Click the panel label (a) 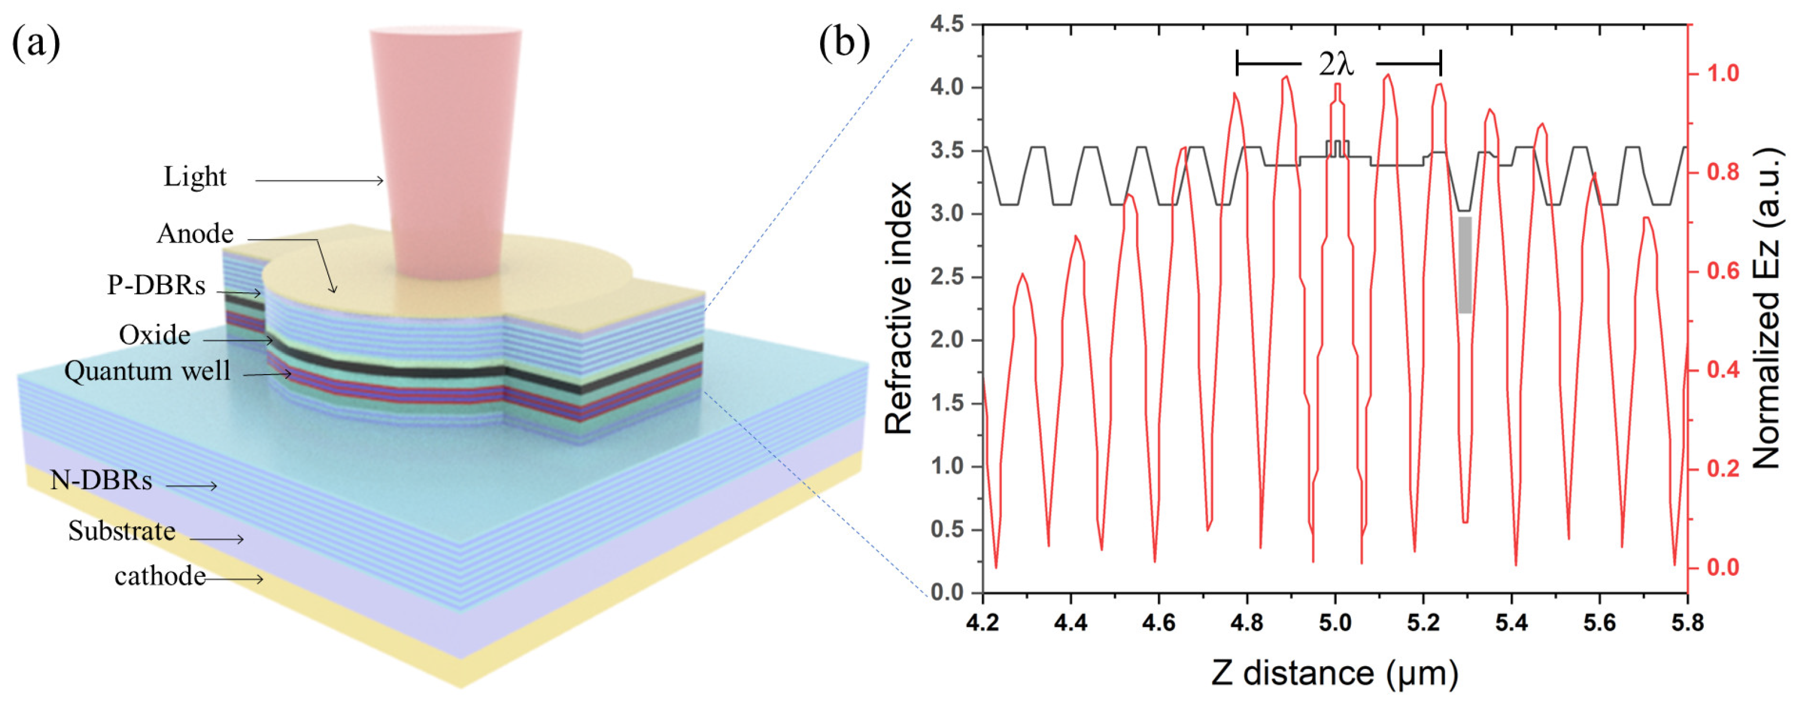[x=36, y=43]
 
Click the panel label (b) [x=844, y=43]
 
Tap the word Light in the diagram [x=195, y=177]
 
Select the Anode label [x=195, y=234]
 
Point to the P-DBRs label [x=156, y=285]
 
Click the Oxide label [x=155, y=335]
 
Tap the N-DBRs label [x=102, y=480]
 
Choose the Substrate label [x=122, y=531]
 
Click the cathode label [x=160, y=576]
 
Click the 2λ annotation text [x=1336, y=64]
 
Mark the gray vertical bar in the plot [x=1465, y=265]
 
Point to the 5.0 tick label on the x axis [x=1334, y=622]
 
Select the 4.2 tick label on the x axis [x=983, y=622]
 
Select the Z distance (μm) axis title [x=1334, y=673]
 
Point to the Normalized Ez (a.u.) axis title [x=1767, y=308]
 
